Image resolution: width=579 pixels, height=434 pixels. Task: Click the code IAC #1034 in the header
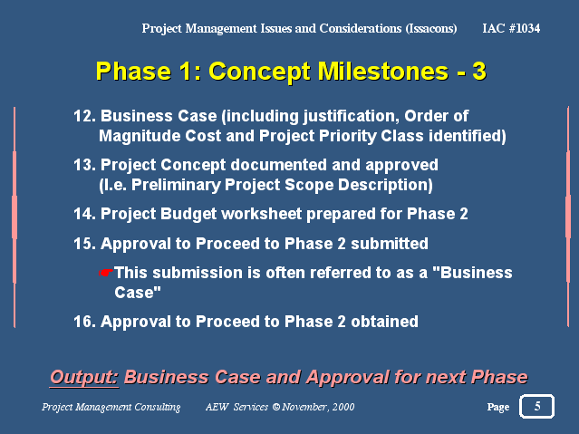coord(511,28)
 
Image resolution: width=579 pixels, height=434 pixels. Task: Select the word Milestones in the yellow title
coord(383,71)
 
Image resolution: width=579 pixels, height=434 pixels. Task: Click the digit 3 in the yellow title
coord(479,71)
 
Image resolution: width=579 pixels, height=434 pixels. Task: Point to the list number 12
coord(84,116)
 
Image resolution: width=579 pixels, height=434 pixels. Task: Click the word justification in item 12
coord(352,117)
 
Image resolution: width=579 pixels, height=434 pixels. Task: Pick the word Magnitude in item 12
coord(140,136)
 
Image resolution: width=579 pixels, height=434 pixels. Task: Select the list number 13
coord(84,165)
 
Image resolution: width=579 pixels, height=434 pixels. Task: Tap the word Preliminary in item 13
coord(176,185)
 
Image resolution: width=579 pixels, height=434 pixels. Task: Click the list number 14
coord(84,214)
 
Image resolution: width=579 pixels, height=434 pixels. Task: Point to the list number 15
coord(84,244)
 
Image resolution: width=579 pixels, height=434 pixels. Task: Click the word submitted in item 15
coord(390,244)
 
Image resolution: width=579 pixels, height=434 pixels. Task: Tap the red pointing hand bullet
coord(106,273)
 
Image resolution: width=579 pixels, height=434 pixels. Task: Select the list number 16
coord(84,322)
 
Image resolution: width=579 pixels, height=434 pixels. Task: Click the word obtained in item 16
coord(384,322)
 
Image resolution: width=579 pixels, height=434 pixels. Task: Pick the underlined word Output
coord(84,377)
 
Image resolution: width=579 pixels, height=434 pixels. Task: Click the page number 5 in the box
coord(537,406)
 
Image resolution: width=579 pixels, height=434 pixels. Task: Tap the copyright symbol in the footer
coord(276,407)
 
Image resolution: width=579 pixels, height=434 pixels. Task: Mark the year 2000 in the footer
coord(343,407)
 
